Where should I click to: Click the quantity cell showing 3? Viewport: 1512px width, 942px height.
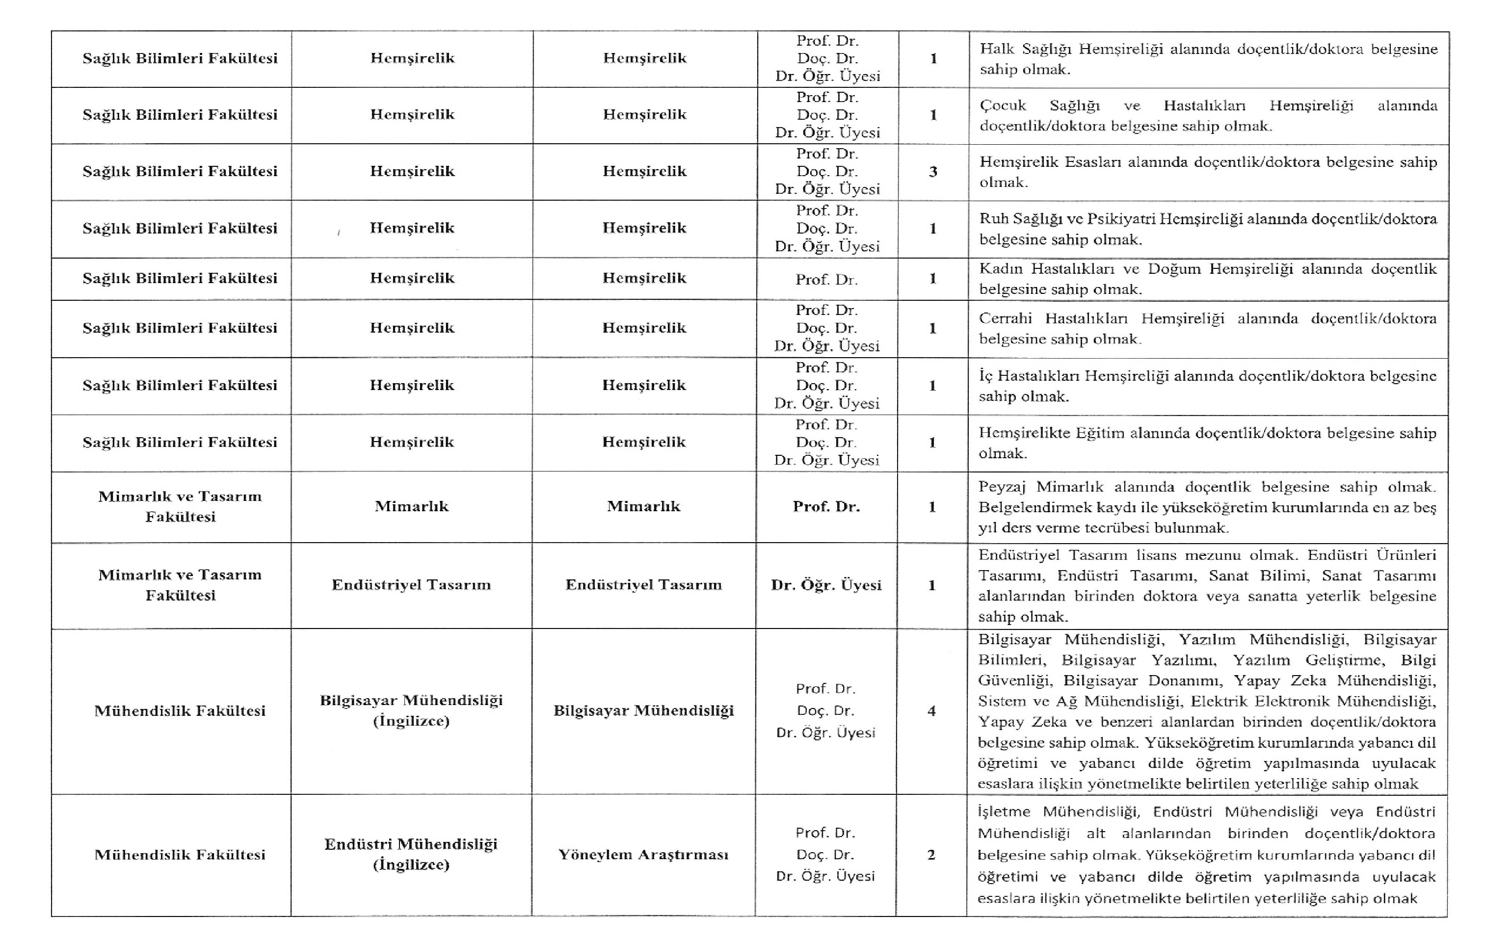(x=932, y=172)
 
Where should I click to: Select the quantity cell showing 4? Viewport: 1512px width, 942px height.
(x=931, y=711)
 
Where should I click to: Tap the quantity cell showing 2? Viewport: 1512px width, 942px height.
(x=931, y=855)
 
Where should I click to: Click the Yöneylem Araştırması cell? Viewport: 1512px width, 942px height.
(x=643, y=855)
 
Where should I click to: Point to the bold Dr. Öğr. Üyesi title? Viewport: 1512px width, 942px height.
(x=826, y=585)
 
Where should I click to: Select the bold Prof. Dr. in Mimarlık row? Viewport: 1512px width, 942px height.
(x=826, y=506)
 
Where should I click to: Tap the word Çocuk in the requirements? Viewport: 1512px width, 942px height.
(x=1003, y=106)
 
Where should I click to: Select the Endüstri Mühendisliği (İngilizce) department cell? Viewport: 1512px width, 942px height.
(x=411, y=854)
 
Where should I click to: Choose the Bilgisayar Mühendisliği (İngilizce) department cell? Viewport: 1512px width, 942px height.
(x=411, y=710)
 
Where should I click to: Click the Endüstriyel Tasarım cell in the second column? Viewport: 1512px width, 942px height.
(x=411, y=585)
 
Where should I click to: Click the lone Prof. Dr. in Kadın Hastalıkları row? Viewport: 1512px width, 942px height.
(x=826, y=280)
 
